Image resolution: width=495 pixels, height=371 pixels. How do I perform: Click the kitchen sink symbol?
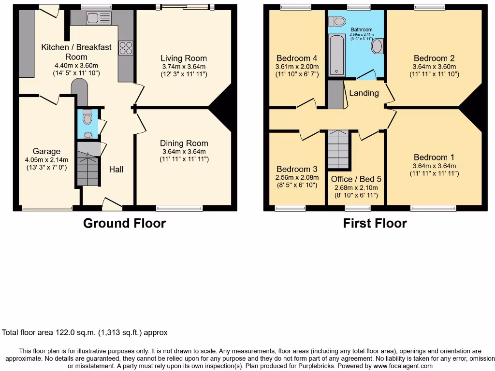tap(98, 18)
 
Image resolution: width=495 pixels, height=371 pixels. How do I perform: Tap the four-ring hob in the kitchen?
tap(126, 48)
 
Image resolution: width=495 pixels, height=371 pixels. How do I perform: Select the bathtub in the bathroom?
tap(337, 57)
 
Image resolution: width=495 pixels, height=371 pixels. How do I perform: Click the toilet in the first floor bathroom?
tap(336, 21)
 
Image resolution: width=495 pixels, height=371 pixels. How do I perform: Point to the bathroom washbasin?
tap(377, 47)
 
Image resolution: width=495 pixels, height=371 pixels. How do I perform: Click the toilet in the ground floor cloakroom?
tap(87, 117)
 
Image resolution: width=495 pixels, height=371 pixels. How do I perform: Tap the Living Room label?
tap(184, 58)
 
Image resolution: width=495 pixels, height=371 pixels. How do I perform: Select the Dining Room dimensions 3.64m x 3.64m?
tap(184, 152)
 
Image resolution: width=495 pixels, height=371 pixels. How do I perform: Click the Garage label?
tap(47, 151)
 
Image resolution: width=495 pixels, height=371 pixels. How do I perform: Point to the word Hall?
tap(116, 169)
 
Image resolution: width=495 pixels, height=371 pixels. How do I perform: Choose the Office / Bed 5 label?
tap(356, 179)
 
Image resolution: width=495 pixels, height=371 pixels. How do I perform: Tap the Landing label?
tap(364, 93)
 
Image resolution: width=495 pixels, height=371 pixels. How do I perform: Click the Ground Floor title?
tap(124, 223)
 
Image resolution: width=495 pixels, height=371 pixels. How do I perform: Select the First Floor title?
tap(375, 223)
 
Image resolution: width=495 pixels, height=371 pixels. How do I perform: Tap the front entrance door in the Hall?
tap(112, 205)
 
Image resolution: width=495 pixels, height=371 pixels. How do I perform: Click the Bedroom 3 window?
tap(290, 208)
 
